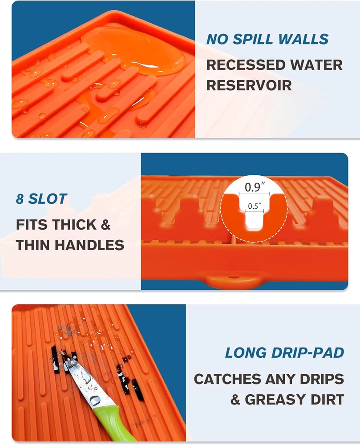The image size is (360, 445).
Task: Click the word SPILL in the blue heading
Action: tap(254, 39)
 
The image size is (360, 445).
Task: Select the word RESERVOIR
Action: tap(249, 85)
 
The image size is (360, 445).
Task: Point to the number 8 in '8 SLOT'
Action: tap(20, 198)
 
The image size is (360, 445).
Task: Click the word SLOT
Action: tap(47, 198)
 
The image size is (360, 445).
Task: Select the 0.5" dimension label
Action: tap(255, 206)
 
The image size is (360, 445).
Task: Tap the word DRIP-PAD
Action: tap(307, 353)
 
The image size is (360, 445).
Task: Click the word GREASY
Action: tap(275, 399)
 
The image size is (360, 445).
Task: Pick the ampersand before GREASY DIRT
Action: tap(235, 399)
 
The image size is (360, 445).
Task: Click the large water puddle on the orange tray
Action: tap(133, 51)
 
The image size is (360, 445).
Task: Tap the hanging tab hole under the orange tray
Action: tap(233, 276)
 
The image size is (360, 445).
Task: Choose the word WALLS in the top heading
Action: tap(303, 39)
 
